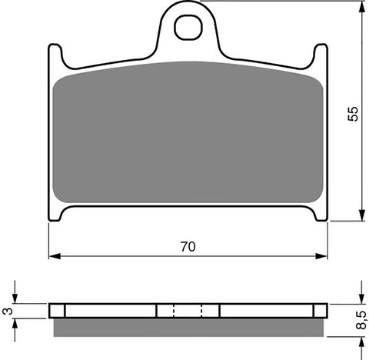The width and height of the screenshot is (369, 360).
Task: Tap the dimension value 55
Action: tap(351, 113)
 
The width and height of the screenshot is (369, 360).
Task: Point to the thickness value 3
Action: tap(8, 310)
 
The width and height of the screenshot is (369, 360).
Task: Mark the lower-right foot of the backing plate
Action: tap(320, 215)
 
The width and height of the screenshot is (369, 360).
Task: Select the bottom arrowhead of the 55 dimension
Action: tap(361, 217)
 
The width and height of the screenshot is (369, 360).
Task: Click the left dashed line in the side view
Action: tap(174, 311)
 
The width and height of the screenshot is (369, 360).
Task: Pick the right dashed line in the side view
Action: tap(201, 311)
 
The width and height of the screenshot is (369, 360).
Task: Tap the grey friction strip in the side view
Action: tap(188, 327)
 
